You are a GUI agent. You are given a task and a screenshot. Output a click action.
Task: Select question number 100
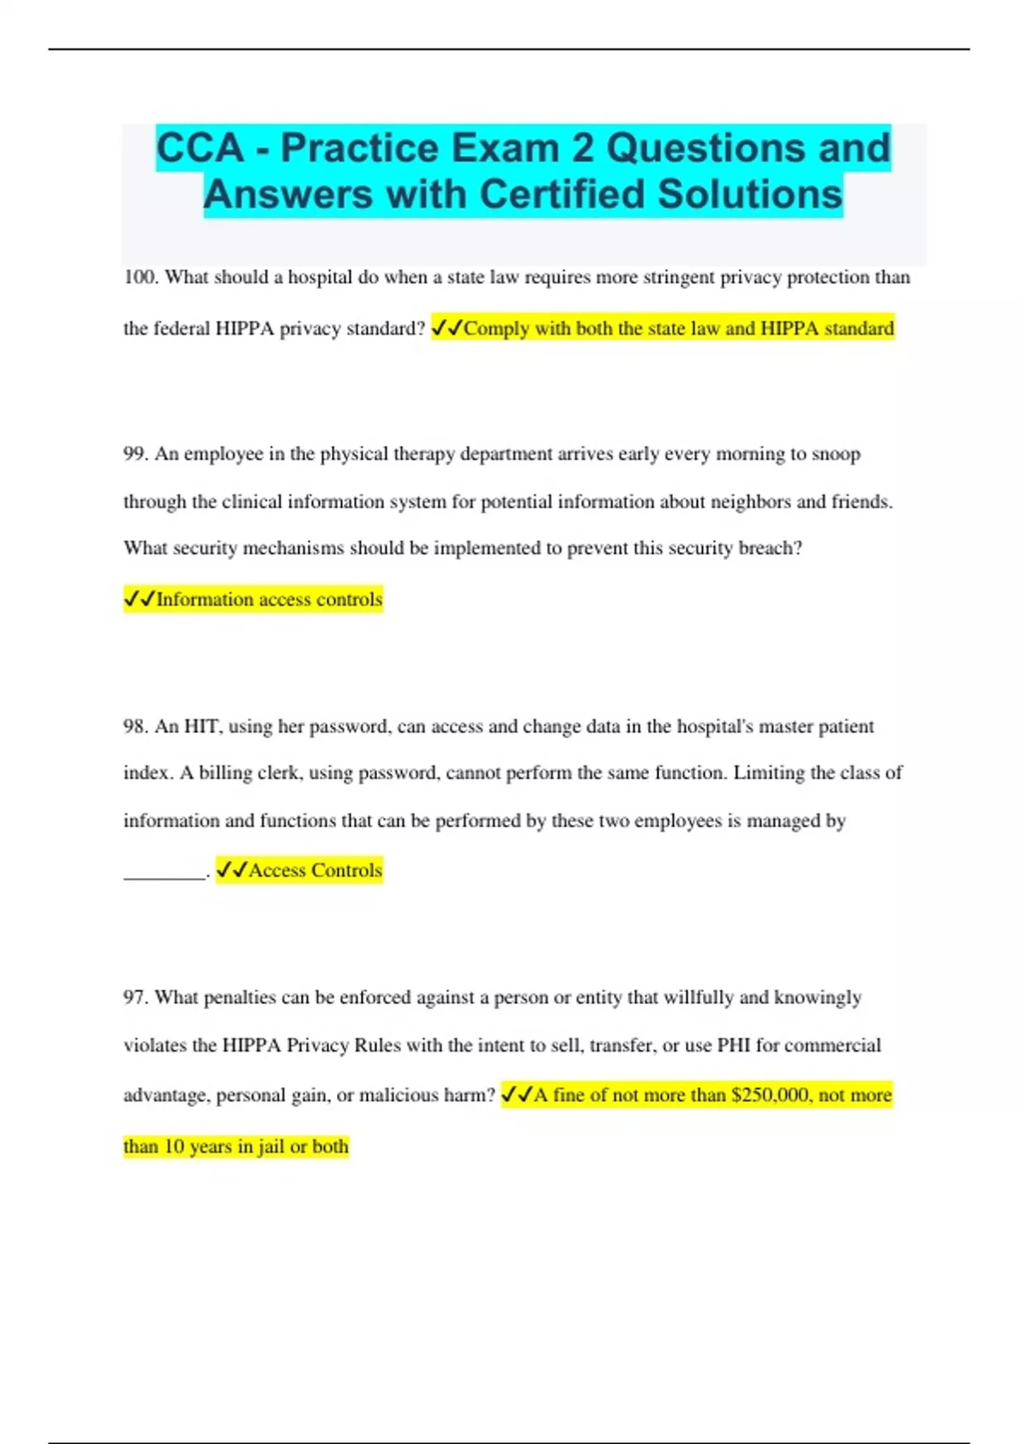coord(139,277)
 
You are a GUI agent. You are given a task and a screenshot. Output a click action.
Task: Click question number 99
coord(135,454)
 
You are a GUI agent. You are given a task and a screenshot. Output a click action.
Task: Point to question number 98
coord(135,726)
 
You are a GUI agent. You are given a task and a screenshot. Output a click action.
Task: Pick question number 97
coord(135,997)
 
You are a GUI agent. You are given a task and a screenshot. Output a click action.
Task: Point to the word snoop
coord(836,454)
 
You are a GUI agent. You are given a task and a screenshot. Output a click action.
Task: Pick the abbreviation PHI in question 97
coord(733,1046)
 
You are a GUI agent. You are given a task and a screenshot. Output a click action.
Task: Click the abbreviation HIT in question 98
coord(202,726)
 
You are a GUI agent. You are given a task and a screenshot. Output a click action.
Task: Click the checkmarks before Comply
coord(447,328)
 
